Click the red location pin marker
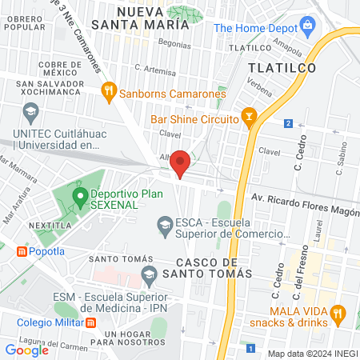181,162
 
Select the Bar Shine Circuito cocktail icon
249,119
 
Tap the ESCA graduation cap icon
165,222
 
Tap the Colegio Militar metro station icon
90,322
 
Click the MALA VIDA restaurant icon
338,311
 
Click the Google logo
27,350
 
